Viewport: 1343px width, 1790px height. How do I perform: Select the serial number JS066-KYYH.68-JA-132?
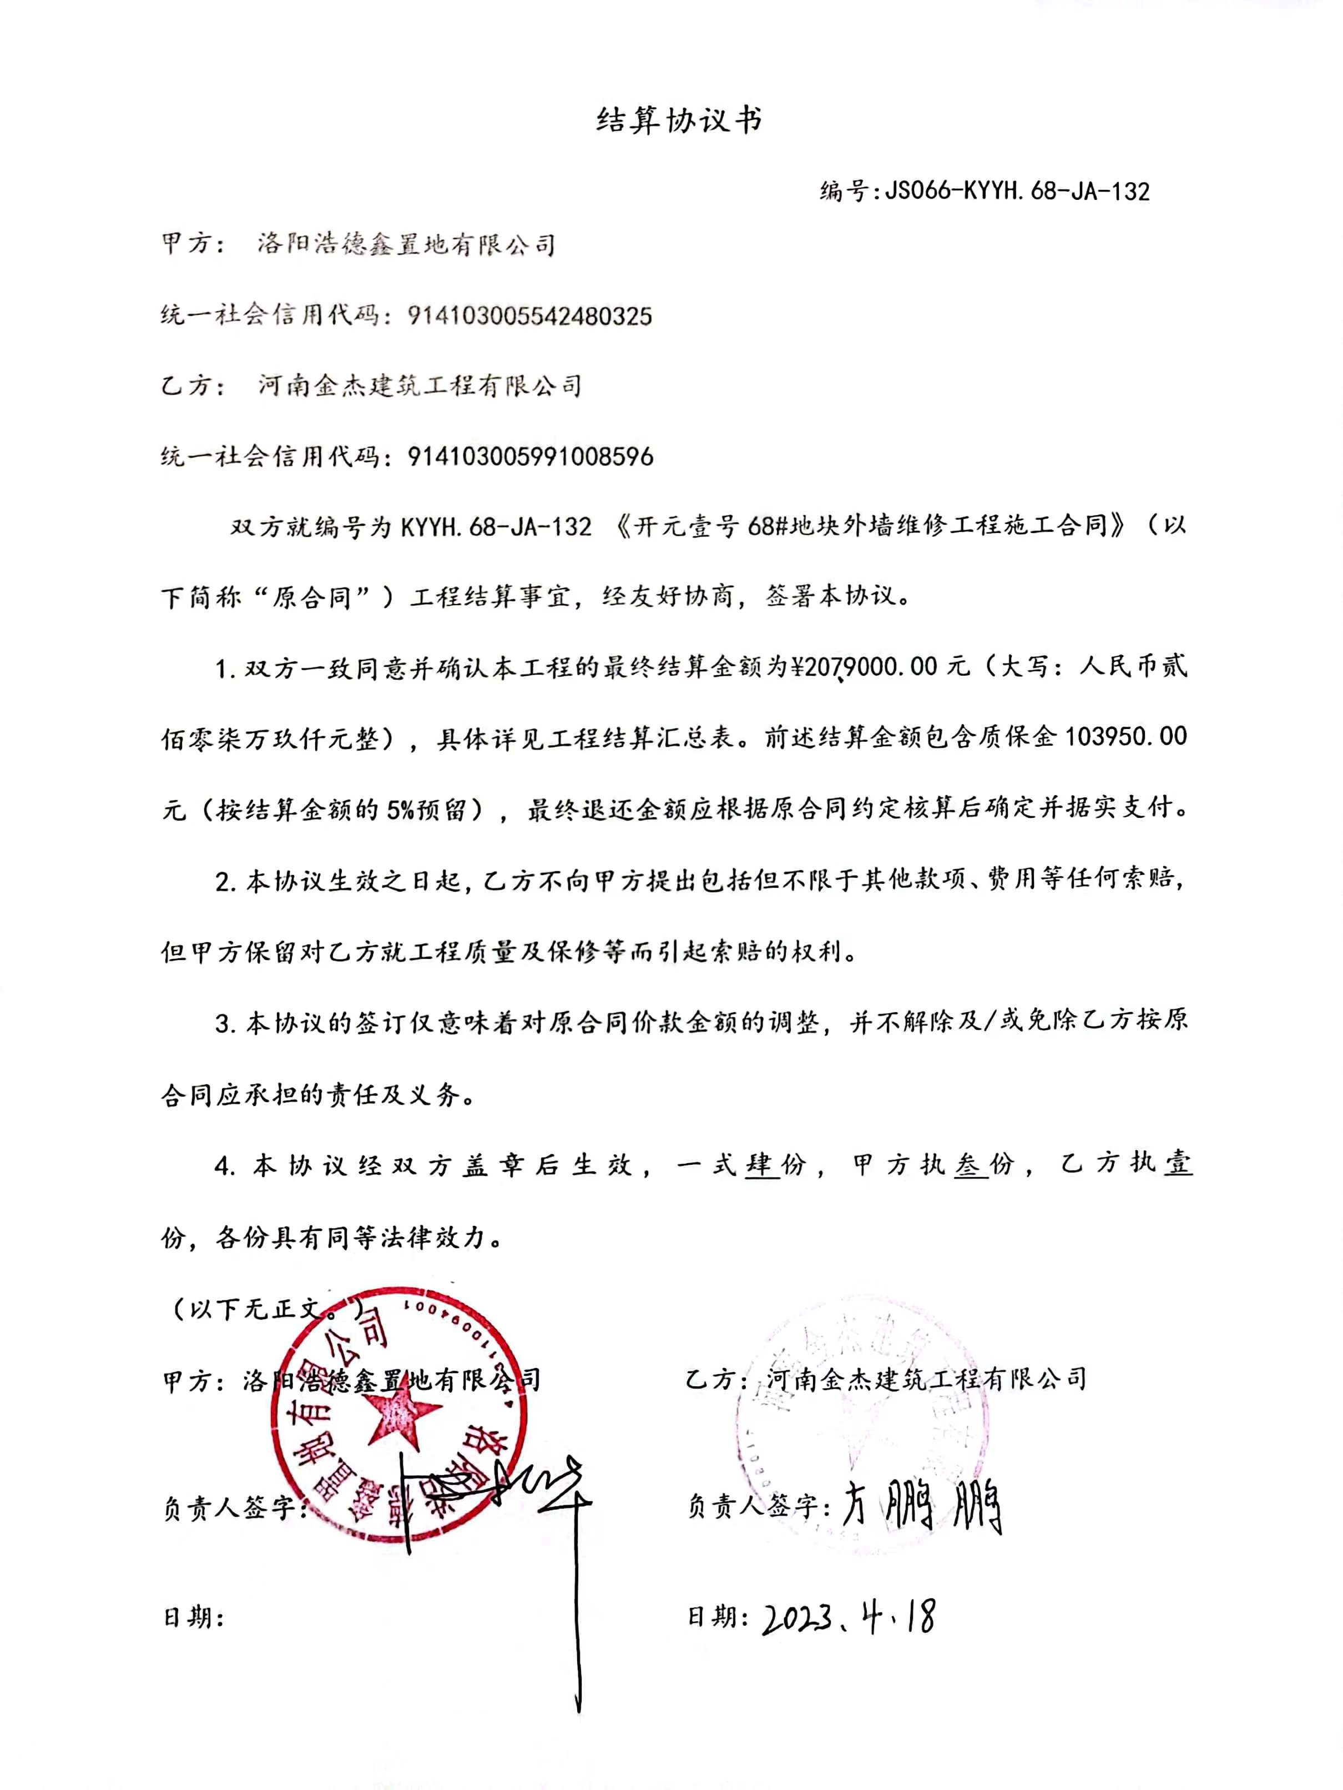point(1016,191)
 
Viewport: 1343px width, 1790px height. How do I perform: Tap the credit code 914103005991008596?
point(530,457)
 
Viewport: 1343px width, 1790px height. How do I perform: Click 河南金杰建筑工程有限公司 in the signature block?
point(926,1378)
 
